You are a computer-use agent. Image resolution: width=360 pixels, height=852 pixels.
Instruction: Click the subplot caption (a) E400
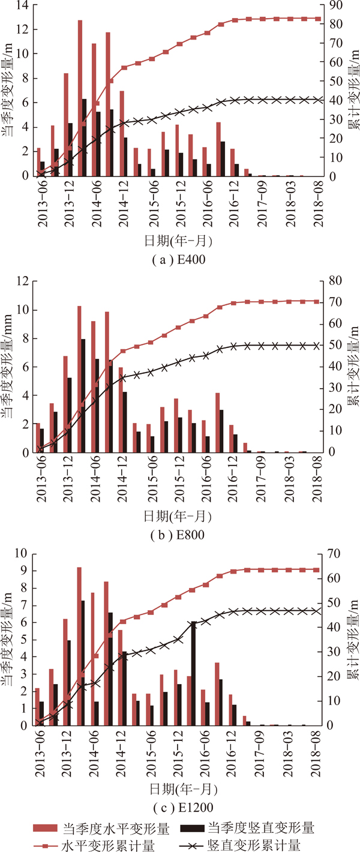(180, 260)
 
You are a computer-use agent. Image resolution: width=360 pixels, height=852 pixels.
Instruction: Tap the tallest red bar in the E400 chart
(80, 96)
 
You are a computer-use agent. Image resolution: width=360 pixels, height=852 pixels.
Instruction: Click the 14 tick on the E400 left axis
(24, 5)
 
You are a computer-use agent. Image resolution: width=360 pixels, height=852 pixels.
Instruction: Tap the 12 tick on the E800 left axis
(24, 281)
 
